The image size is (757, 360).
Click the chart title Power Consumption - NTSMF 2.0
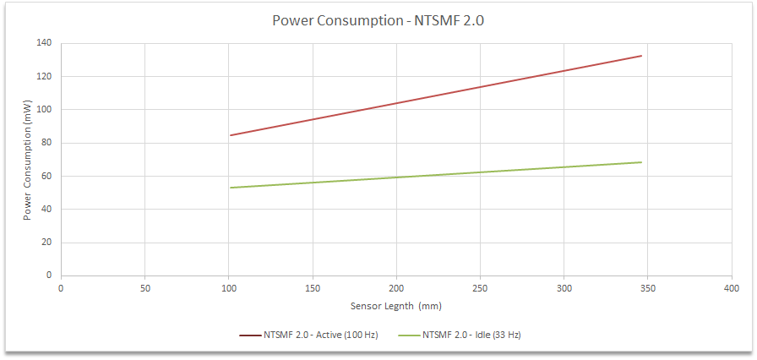point(378,21)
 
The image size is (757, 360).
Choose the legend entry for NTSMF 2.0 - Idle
point(471,335)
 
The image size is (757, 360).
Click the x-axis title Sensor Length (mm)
point(395,305)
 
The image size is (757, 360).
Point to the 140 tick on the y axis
point(44,43)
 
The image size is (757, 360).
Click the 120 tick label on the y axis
point(44,76)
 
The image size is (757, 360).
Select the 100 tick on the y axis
point(44,110)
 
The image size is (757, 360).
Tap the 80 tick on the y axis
point(46,143)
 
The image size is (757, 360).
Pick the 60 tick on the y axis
point(46,176)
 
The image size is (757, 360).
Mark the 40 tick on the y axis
point(46,209)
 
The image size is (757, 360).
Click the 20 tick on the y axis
point(46,243)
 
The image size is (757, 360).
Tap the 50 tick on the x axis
point(144,288)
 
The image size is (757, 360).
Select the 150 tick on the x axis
point(313,288)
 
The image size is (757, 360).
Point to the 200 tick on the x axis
point(396,288)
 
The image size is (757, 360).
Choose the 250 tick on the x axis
point(480,288)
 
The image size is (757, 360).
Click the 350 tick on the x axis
point(648,288)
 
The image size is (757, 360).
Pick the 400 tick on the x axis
point(732,288)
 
